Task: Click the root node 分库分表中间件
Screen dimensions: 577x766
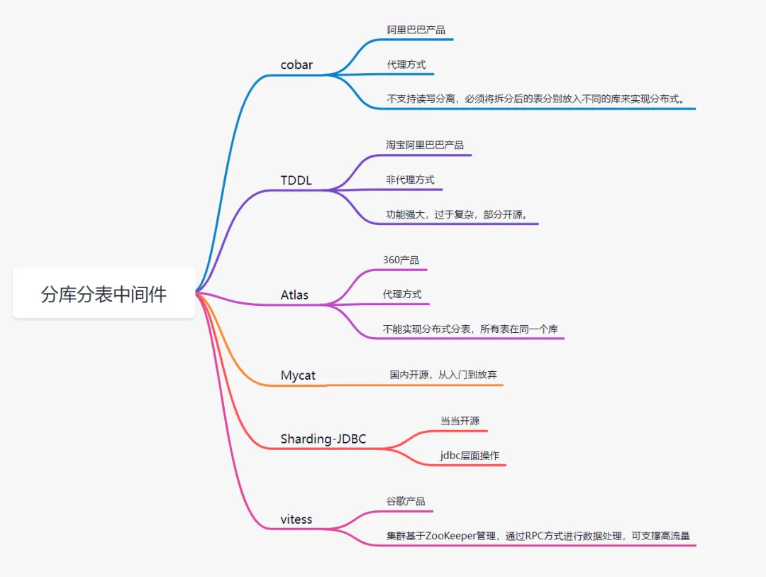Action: pyautogui.click(x=104, y=294)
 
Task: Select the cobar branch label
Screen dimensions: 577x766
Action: pyautogui.click(x=296, y=65)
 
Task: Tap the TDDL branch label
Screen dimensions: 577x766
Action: pyautogui.click(x=296, y=180)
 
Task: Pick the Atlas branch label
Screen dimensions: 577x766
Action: pyautogui.click(x=294, y=295)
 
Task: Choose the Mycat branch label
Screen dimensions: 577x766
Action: pyautogui.click(x=298, y=375)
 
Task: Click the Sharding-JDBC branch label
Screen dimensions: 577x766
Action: pyautogui.click(x=323, y=439)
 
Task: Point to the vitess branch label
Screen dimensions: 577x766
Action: pyautogui.click(x=296, y=519)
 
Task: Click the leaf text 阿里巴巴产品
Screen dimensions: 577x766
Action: pyautogui.click(x=416, y=30)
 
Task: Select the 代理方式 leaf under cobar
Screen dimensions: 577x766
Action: pyautogui.click(x=406, y=64)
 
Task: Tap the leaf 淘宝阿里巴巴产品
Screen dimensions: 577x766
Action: pyautogui.click(x=424, y=145)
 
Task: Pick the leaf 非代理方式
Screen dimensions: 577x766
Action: pyautogui.click(x=410, y=180)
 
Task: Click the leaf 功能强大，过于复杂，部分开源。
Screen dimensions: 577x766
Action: pyautogui.click(x=457, y=214)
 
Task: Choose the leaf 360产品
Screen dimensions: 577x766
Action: pyautogui.click(x=401, y=260)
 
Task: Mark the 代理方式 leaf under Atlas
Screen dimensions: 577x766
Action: pyautogui.click(x=402, y=294)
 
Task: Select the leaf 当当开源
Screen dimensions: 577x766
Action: pyautogui.click(x=460, y=421)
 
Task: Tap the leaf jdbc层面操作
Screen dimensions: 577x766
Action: pyautogui.click(x=470, y=455)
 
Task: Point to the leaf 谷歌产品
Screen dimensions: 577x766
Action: pyautogui.click(x=406, y=501)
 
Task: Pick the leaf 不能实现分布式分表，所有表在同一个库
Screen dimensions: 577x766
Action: pyautogui.click(x=470, y=329)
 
